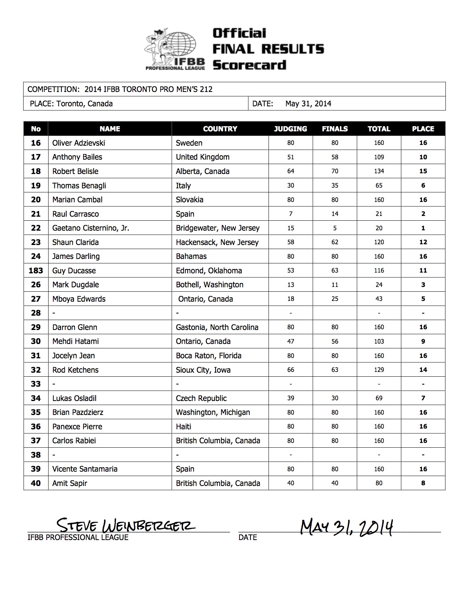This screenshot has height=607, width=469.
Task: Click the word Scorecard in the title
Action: (x=249, y=65)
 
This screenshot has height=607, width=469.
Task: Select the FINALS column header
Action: (x=334, y=129)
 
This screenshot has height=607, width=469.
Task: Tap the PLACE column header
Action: (x=423, y=129)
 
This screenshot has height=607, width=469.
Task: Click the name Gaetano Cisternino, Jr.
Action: (x=90, y=228)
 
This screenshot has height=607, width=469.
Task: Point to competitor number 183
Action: (x=36, y=271)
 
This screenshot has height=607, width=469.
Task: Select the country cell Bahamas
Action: (x=191, y=256)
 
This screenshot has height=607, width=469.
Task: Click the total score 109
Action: (x=379, y=157)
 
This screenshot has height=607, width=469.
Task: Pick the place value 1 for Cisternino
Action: (x=423, y=228)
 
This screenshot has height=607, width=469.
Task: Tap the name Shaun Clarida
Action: (x=75, y=242)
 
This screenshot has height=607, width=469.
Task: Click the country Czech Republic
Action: (x=201, y=398)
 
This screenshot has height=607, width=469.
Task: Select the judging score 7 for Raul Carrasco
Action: (x=291, y=214)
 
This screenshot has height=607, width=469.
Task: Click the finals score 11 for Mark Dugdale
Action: (x=334, y=285)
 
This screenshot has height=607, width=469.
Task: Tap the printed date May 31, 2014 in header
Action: (x=308, y=104)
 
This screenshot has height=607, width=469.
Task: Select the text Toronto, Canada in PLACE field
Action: (x=84, y=104)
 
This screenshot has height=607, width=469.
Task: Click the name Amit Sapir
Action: (x=70, y=483)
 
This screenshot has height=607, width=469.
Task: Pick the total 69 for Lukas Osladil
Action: (x=379, y=398)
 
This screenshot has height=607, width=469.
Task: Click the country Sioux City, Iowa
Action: (x=203, y=370)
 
